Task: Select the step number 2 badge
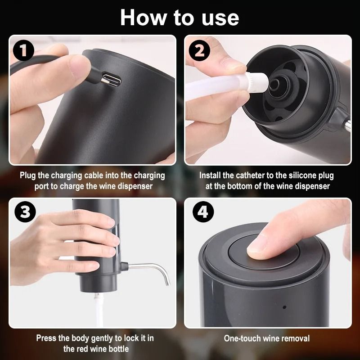[199, 51]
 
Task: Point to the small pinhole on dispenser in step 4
[284, 308]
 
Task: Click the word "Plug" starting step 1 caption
[28, 175]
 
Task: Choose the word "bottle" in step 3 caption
[117, 349]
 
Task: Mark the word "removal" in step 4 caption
[295, 338]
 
